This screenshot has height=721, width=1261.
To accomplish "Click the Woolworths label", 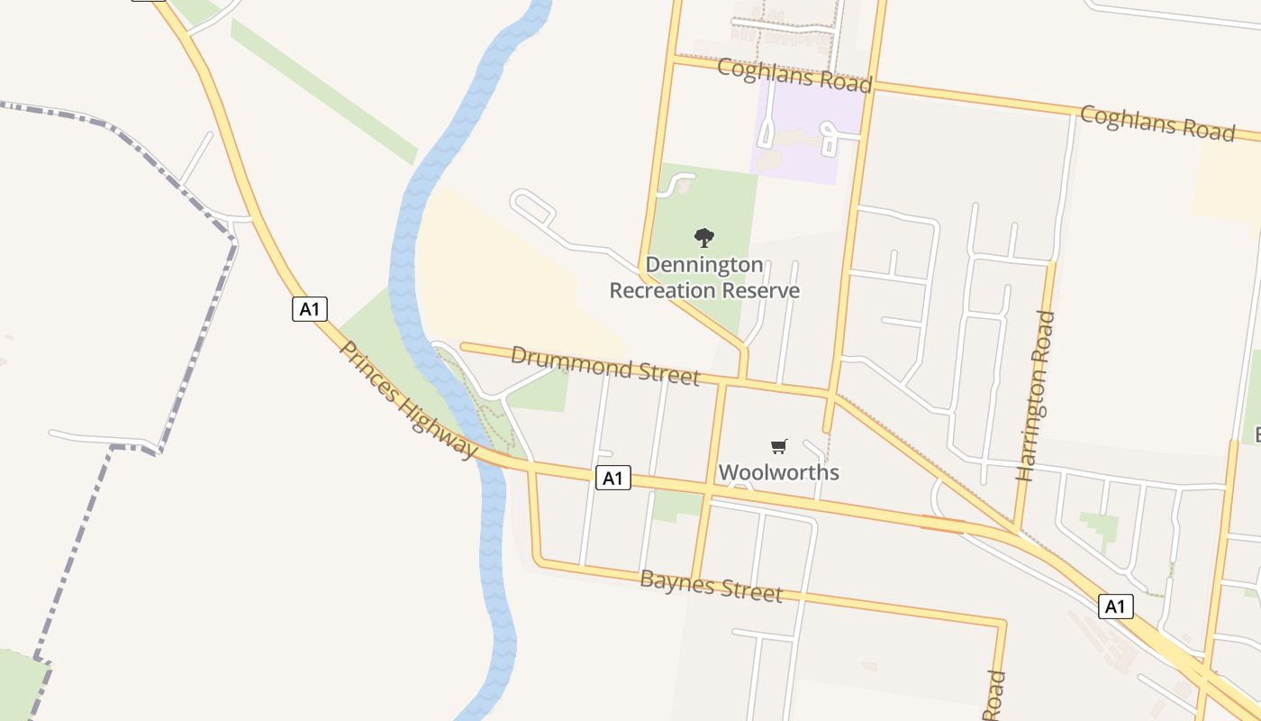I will coord(778,472).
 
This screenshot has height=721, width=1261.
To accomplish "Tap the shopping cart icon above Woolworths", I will coord(779,446).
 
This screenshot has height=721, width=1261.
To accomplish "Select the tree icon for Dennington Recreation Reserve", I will coord(704,238).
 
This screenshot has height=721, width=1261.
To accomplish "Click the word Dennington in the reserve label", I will coord(704,265).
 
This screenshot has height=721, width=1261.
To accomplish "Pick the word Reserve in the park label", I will coord(764,290).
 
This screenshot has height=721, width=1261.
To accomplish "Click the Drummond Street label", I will coord(604,365).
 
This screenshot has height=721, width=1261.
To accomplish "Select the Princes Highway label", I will coord(407,399).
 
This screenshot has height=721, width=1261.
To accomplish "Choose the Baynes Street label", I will coord(711,586).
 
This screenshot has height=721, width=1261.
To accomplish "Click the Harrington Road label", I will coord(1035,396).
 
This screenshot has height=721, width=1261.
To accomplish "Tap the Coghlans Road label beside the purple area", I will coord(794,75).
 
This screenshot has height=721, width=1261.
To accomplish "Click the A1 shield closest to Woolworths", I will coord(612,479).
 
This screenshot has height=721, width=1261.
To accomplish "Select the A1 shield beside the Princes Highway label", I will coord(309,309).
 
